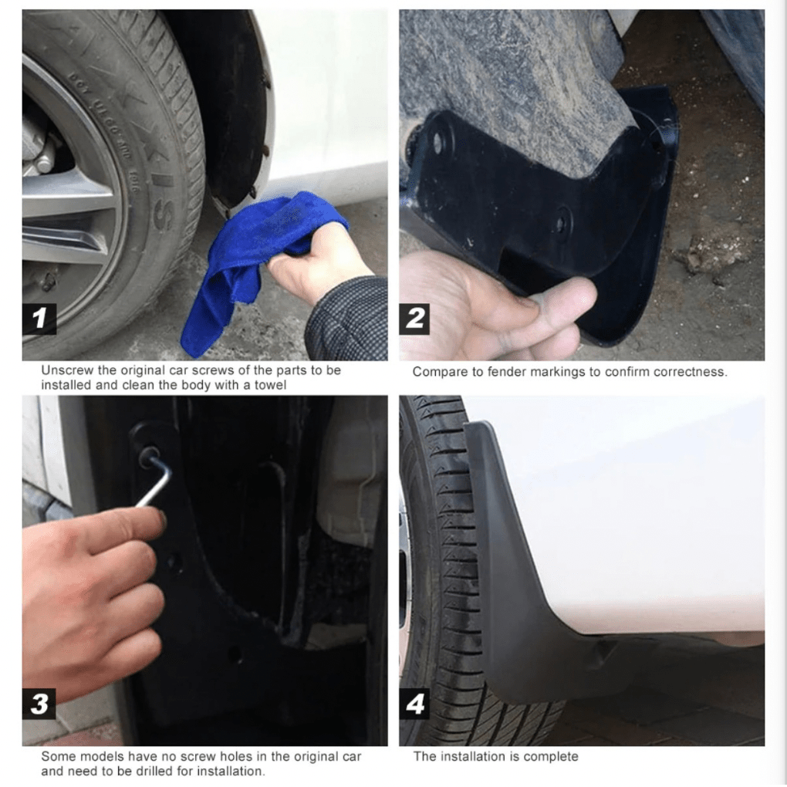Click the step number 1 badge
point(39,319)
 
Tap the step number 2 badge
point(415,319)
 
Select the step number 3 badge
point(39,704)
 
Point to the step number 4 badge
point(415,704)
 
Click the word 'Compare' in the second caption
point(437,372)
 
